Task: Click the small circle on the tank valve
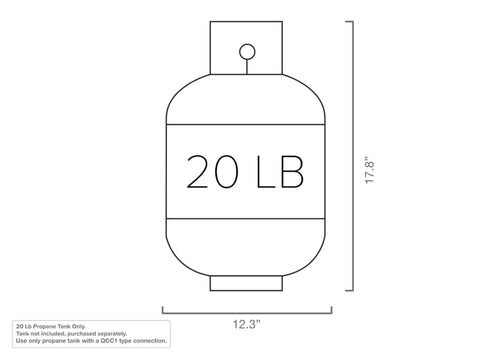pyautogui.click(x=247, y=52)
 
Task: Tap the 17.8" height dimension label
pyautogui.click(x=370, y=170)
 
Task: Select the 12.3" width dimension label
pyautogui.click(x=246, y=324)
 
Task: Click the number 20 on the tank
pyautogui.click(x=213, y=172)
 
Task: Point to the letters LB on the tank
pyautogui.click(x=280, y=172)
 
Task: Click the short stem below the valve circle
pyautogui.click(x=247, y=67)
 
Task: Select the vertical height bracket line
pyautogui.click(x=353, y=156)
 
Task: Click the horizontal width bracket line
pyautogui.click(x=247, y=313)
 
